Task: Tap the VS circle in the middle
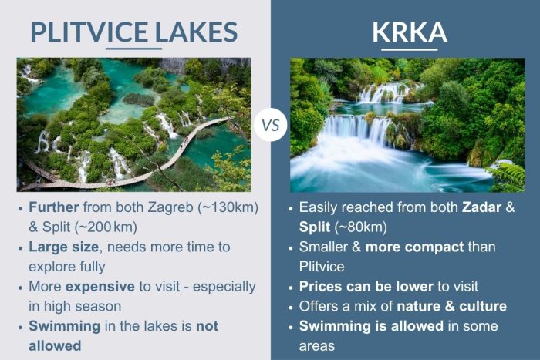pos(271,124)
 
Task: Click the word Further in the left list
pos(56,207)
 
